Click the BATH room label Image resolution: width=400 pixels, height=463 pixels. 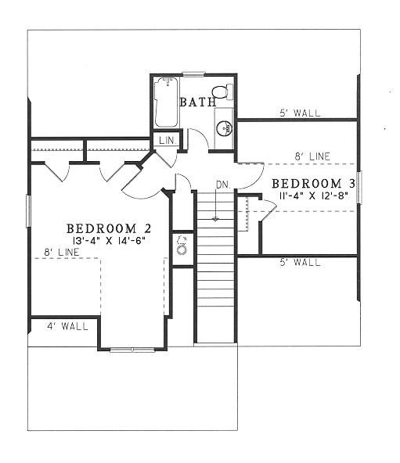(x=198, y=102)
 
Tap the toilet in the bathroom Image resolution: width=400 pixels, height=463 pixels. (x=222, y=92)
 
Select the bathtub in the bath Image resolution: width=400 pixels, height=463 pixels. (x=167, y=102)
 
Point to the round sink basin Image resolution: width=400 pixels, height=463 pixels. (x=225, y=128)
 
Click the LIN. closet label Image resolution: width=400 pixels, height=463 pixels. (x=168, y=140)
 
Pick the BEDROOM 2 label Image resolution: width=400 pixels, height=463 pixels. (x=109, y=228)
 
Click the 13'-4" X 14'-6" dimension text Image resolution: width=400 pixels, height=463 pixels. (x=109, y=240)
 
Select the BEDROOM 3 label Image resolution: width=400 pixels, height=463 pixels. (x=313, y=184)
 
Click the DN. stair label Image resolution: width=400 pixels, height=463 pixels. (x=223, y=185)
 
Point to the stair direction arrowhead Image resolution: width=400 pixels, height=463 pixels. (x=216, y=219)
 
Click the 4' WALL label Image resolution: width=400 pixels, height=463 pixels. (x=67, y=326)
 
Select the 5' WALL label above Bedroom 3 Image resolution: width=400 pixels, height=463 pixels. (x=300, y=113)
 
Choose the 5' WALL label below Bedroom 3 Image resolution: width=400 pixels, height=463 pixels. (x=300, y=262)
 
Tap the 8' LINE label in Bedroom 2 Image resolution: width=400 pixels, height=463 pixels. (x=62, y=252)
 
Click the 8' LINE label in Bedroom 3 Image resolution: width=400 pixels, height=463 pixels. (x=312, y=156)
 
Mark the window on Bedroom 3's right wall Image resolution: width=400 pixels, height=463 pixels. (x=359, y=187)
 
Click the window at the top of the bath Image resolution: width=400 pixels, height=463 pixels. (x=193, y=74)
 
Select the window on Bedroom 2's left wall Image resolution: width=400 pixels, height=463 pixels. (x=28, y=211)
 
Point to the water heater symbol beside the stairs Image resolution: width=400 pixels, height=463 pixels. (x=182, y=246)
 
